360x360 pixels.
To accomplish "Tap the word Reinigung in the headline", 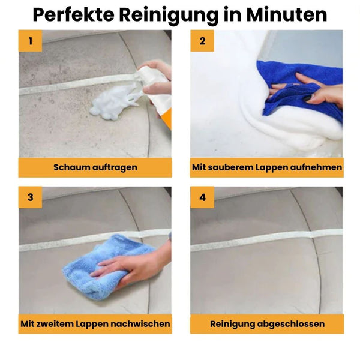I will (179, 14).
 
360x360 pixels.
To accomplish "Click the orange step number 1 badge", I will (30, 41).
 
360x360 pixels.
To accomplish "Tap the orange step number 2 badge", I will (202, 41).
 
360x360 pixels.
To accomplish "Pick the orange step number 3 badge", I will (30, 197).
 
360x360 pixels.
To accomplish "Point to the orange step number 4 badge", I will (202, 197).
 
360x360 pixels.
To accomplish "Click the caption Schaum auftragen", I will (95, 168).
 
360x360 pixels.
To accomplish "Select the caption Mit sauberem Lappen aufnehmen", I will (267, 168).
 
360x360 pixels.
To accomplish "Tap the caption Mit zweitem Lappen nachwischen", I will (95, 324).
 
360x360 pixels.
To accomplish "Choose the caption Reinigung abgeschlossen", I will (267, 324).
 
